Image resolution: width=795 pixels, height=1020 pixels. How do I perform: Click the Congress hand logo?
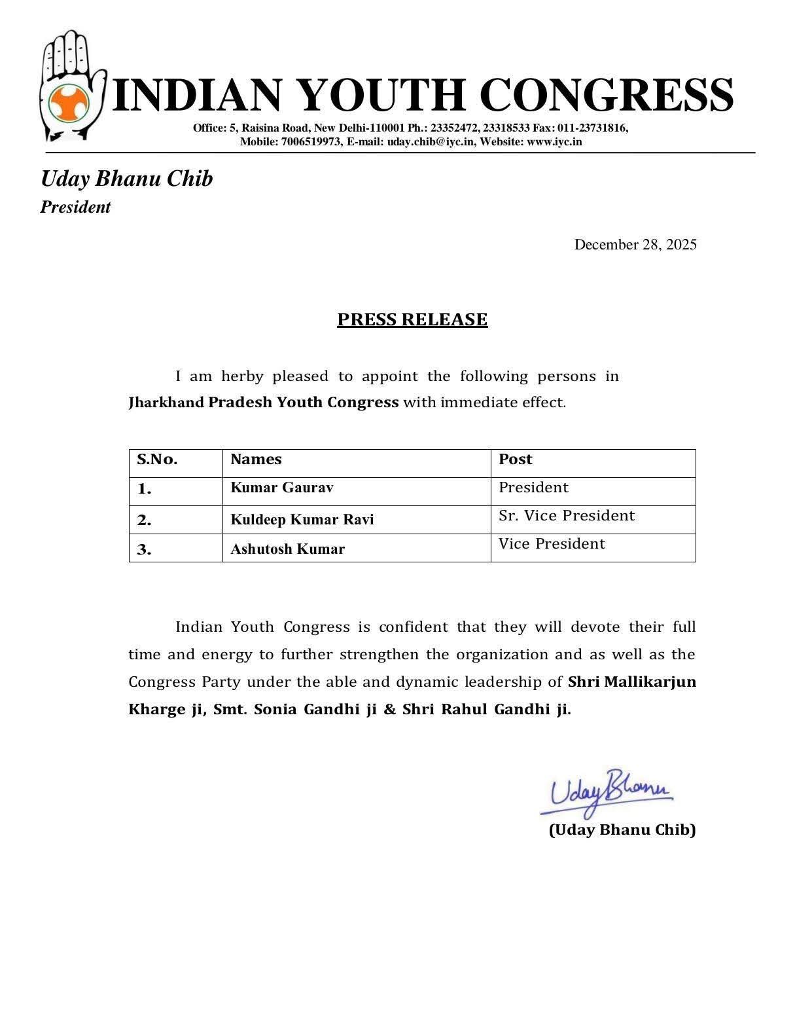[72, 85]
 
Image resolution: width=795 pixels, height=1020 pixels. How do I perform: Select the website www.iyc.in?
[554, 141]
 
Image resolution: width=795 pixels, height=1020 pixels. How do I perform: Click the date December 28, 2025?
[635, 245]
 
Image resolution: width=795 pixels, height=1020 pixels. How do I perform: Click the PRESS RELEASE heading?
[412, 319]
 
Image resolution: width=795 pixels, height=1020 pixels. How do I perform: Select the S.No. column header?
[157, 460]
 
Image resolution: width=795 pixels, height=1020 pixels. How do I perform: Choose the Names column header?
[256, 460]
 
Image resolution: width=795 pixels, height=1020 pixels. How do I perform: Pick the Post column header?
[516, 460]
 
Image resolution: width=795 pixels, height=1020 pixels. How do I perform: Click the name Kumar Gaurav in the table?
[281, 488]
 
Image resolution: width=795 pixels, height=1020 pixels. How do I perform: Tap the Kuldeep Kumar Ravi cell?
[302, 520]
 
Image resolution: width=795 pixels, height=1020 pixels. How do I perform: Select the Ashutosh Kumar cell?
[287, 549]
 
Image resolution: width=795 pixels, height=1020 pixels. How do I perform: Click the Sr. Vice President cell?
[567, 516]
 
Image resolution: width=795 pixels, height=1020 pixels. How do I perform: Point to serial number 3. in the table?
[144, 550]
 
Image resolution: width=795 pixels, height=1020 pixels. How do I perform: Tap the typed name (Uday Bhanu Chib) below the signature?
[622, 830]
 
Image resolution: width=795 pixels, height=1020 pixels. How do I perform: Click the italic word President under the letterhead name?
[75, 208]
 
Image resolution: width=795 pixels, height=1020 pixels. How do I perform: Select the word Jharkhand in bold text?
[166, 403]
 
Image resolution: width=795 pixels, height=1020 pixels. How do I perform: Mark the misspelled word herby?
[242, 376]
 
